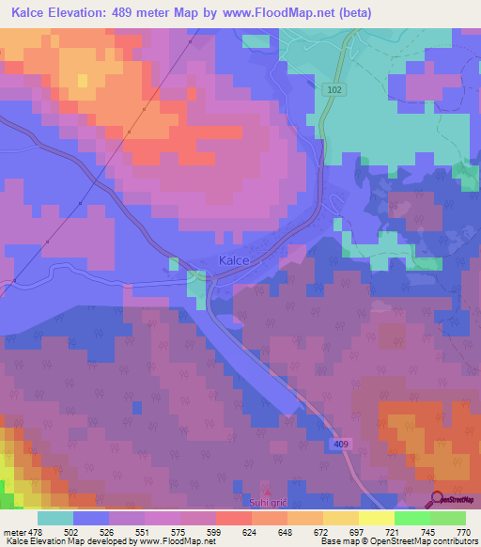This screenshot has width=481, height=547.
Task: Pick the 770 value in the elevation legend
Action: [463, 531]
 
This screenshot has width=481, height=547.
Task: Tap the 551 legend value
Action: [145, 531]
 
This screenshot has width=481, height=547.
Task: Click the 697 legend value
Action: [356, 531]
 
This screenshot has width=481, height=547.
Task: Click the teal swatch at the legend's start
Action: [54, 518]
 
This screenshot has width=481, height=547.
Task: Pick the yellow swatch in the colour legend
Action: [376, 518]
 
